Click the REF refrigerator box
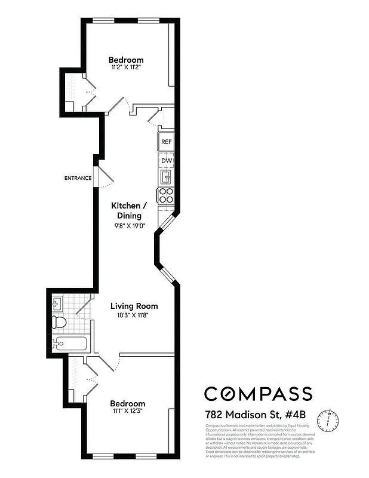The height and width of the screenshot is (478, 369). click(x=166, y=143)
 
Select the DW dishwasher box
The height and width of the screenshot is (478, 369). click(x=166, y=161)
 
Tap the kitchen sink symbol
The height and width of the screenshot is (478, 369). click(x=166, y=177)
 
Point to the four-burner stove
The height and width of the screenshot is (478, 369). click(x=166, y=195)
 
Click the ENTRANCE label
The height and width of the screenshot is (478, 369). click(x=78, y=178)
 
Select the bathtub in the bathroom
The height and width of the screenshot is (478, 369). click(x=69, y=344)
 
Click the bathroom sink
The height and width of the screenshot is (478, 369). click(x=57, y=304)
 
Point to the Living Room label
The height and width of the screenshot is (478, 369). click(x=134, y=306)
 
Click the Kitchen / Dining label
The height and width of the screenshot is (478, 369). click(x=126, y=210)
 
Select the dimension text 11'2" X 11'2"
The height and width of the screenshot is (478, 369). click(x=126, y=68)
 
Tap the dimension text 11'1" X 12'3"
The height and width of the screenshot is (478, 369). click(x=126, y=411)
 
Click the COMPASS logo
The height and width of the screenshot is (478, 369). click(x=258, y=394)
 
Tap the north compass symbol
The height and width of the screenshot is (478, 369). click(x=327, y=420)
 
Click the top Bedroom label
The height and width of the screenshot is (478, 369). click(x=126, y=60)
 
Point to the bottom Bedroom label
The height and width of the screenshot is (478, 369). click(x=127, y=403)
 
